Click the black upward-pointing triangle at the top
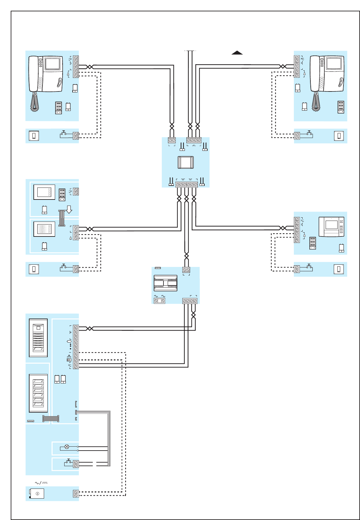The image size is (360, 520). click(x=237, y=53)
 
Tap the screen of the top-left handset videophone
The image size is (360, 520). click(x=52, y=64)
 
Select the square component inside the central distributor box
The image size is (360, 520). click(x=186, y=162)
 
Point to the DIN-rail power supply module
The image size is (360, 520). click(x=165, y=283)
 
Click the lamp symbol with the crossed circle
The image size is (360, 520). click(x=67, y=447)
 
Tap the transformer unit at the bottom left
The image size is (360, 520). click(x=37, y=493)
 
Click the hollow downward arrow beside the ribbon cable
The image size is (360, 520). click(x=69, y=209)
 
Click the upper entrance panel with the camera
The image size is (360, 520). click(x=38, y=338)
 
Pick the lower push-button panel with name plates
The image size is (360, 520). click(x=38, y=393)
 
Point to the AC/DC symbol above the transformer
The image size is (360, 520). click(x=41, y=483)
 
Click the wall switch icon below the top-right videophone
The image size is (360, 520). click(x=339, y=136)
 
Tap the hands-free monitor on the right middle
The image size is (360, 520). click(x=331, y=227)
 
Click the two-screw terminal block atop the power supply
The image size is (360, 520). click(x=186, y=270)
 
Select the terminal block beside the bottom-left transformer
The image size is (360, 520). click(x=76, y=494)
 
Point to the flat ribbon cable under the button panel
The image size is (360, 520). click(x=51, y=419)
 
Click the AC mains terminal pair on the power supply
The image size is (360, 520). click(x=159, y=301)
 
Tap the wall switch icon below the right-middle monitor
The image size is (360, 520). click(x=339, y=269)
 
